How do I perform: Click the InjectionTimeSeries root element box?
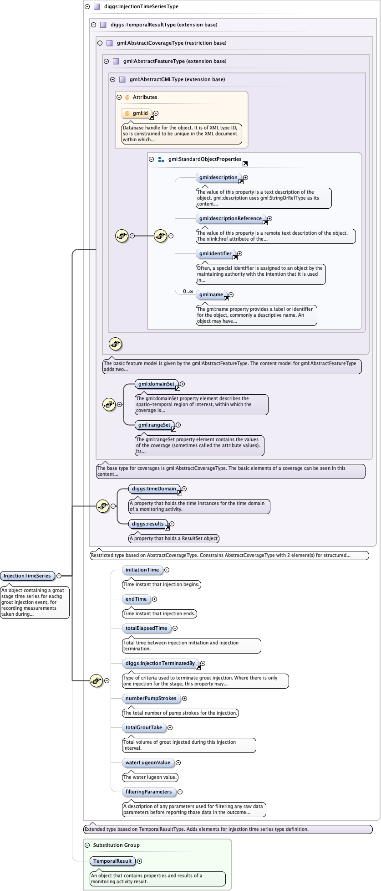click(27, 576)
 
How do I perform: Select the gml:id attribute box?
click(137, 113)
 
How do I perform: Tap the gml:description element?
click(218, 177)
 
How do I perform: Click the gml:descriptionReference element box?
click(231, 218)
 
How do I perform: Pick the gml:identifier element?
click(215, 253)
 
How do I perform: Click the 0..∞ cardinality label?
click(188, 291)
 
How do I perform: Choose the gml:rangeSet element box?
click(154, 425)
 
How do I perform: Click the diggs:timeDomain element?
click(154, 489)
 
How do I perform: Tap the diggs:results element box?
click(148, 524)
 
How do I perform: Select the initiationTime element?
click(142, 570)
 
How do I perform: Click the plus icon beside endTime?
click(154, 599)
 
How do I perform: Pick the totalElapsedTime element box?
click(146, 628)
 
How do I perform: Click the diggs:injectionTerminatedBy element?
click(160, 663)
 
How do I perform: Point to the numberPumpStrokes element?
click(151, 698)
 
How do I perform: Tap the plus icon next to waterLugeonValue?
click(178, 762)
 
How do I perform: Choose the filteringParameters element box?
click(149, 792)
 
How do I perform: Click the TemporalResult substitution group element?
click(112, 861)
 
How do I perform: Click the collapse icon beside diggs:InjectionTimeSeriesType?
click(87, 6)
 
